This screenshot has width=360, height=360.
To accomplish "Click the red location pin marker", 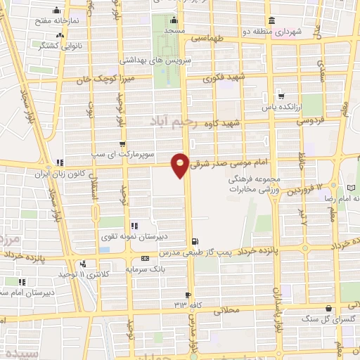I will pyautogui.click(x=181, y=163).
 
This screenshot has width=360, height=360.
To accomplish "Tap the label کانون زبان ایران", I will pyautogui.click(x=88, y=172).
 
